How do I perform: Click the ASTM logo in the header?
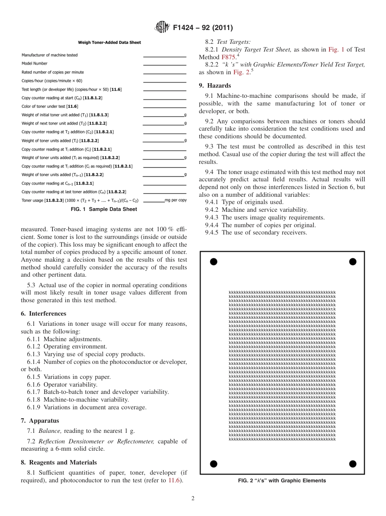tap(163, 28)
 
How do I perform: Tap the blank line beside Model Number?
tap(165, 65)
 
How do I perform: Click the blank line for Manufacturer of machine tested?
tap(165, 56)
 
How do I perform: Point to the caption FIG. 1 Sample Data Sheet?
tap(104, 209)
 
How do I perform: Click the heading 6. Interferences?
tap(43, 314)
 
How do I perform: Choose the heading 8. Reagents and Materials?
tap(59, 462)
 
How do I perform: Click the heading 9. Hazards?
tap(215, 86)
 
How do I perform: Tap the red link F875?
tap(228, 57)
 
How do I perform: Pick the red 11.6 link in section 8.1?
tap(175, 481)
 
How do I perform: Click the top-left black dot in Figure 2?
tap(213, 262)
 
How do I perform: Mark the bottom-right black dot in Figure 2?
tap(353, 464)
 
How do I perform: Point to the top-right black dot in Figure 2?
tap(353, 262)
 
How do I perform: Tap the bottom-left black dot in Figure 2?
tap(213, 464)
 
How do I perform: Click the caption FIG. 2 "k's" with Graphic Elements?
tap(282, 481)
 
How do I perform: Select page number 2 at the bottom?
tap(193, 499)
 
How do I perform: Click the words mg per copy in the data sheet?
tap(176, 200)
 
